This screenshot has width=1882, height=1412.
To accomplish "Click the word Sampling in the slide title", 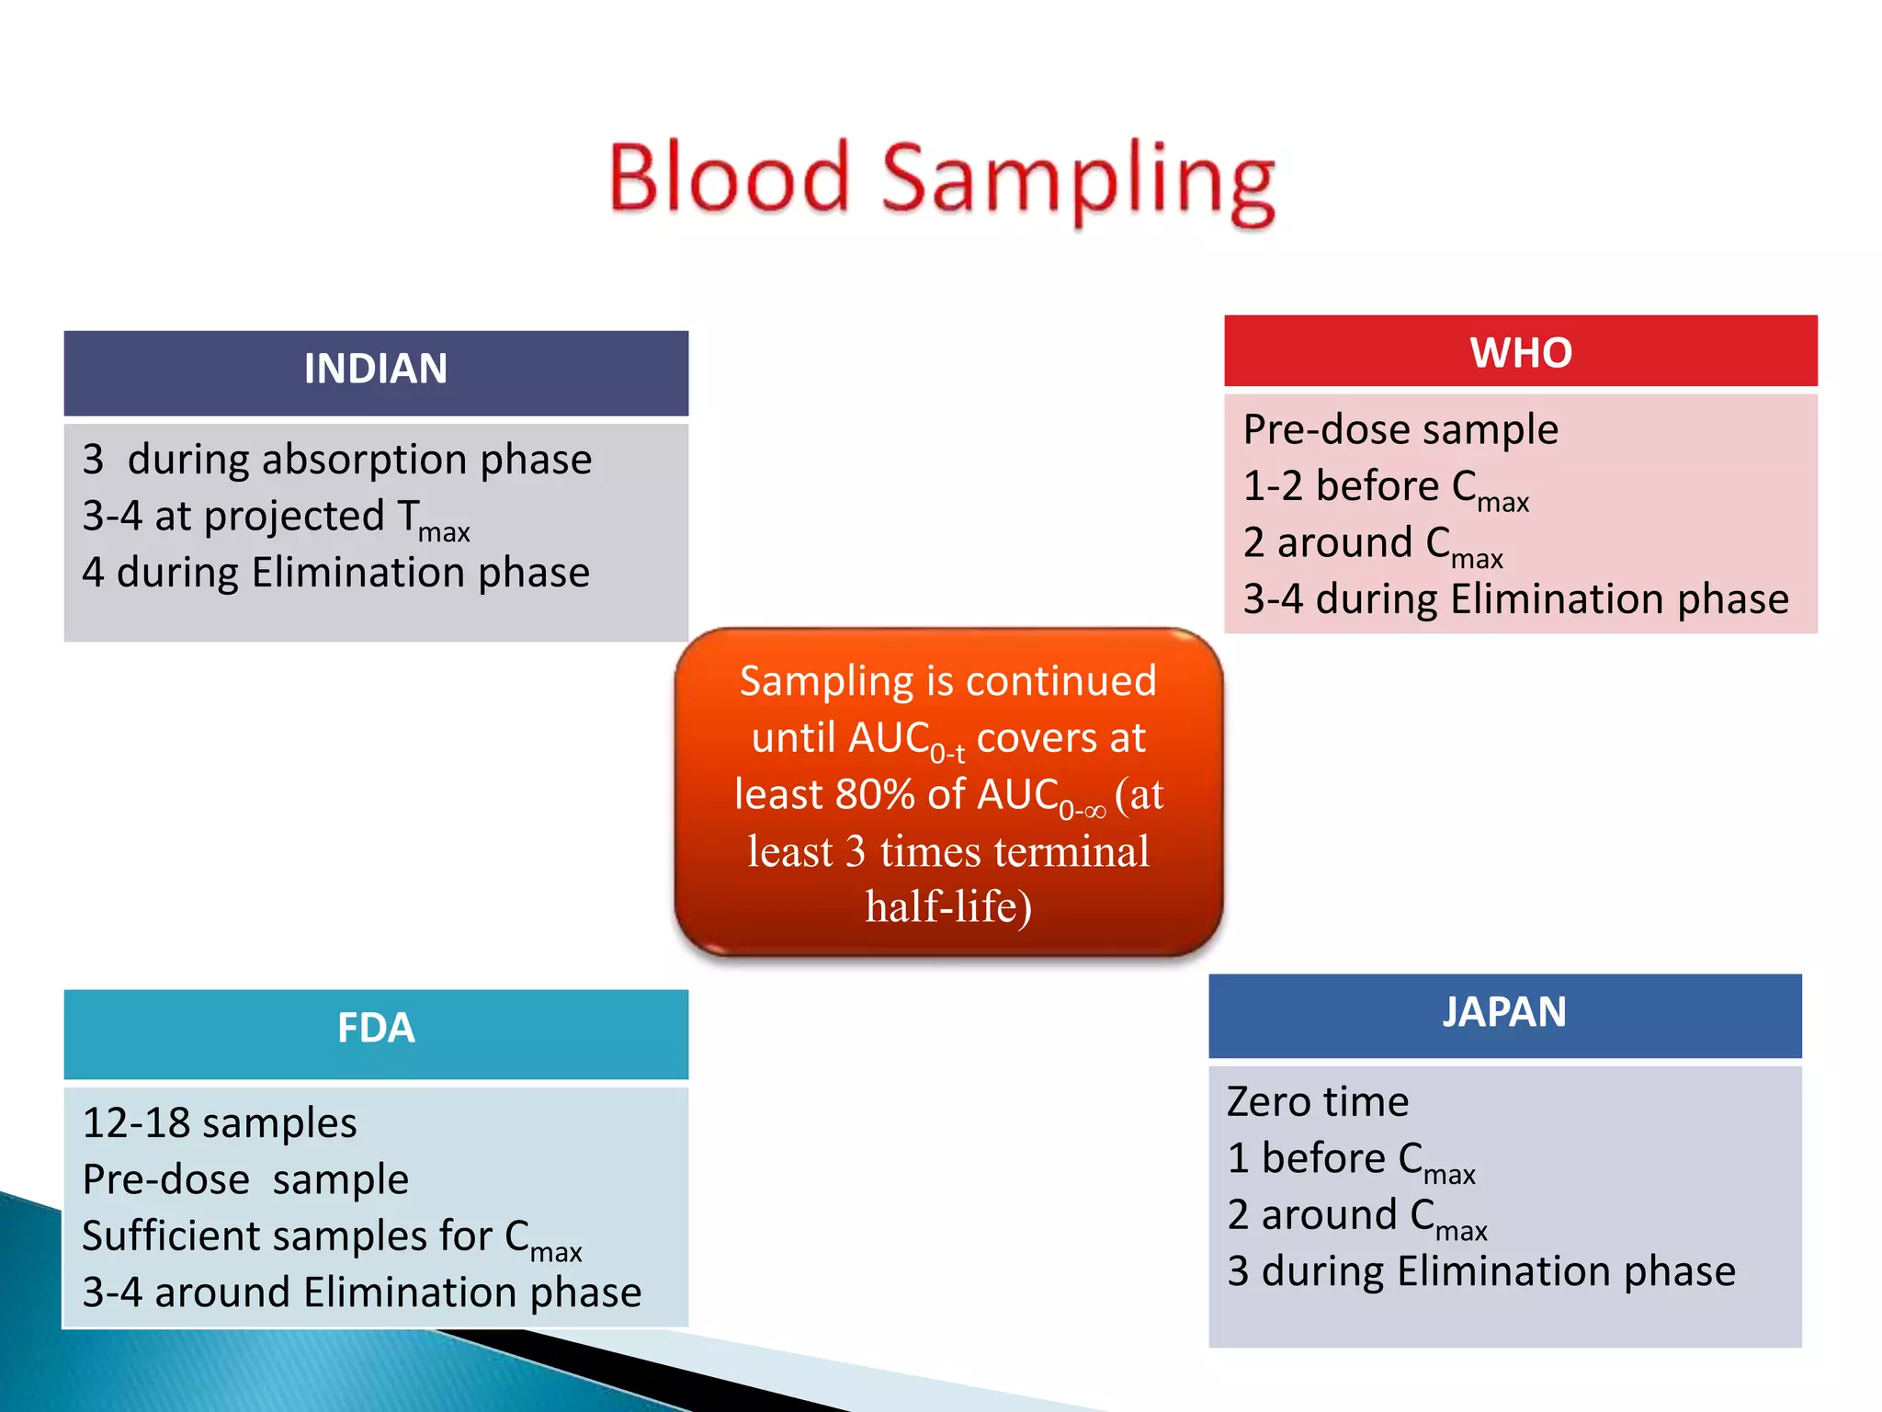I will (x=1077, y=179).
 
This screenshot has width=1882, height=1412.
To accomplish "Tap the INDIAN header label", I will (x=375, y=370).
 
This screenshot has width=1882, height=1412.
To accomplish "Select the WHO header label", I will (x=1521, y=353).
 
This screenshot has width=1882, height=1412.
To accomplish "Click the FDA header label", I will (x=375, y=1028).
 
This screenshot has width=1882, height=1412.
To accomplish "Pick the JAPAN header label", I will (x=1504, y=1012).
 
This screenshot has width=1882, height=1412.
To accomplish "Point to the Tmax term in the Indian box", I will (x=433, y=518).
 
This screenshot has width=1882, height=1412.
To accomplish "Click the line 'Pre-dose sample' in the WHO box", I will (x=1400, y=430).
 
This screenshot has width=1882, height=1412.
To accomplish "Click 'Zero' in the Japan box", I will (x=1268, y=1102).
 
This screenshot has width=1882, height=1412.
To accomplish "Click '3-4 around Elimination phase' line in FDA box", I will (x=361, y=1292).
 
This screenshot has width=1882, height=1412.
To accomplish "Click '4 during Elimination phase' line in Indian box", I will (x=335, y=573).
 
